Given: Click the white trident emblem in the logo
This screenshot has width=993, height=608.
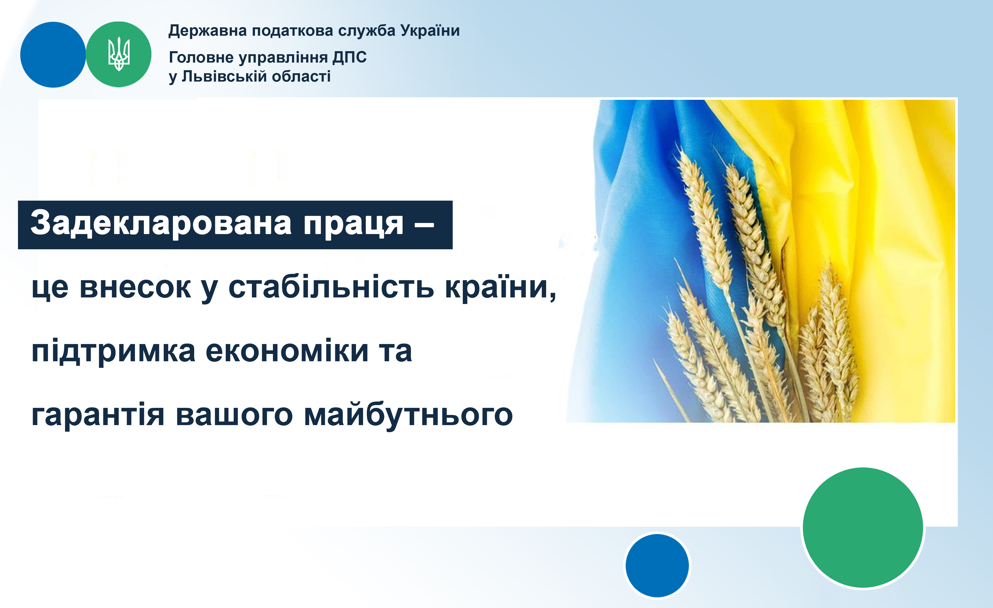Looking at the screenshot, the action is pos(119,54).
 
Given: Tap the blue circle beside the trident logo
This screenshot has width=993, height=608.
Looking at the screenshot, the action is pos(53,54).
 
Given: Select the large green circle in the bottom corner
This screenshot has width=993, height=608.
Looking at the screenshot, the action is pos(863,527).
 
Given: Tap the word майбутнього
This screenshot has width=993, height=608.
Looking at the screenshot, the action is pos(408,415).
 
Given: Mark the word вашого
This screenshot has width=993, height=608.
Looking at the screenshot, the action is pos(234,415).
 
